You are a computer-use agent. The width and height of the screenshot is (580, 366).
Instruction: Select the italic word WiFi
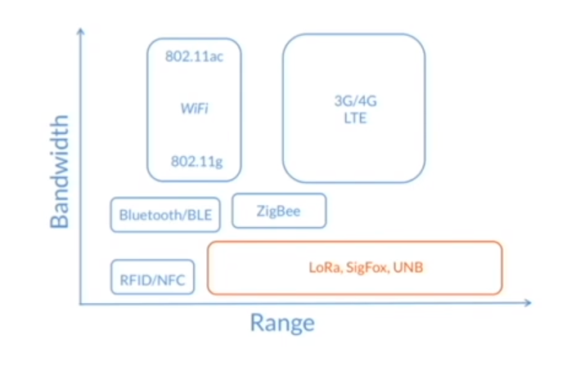(195, 108)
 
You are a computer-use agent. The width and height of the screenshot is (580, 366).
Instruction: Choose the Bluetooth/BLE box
(164, 215)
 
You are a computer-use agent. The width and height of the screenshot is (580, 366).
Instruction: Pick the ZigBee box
(279, 211)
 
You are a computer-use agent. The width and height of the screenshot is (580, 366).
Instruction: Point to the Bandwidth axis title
(60, 172)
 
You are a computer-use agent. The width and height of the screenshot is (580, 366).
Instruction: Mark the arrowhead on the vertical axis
(81, 31)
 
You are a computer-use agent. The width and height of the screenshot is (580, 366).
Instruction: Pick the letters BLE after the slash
(198, 216)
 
